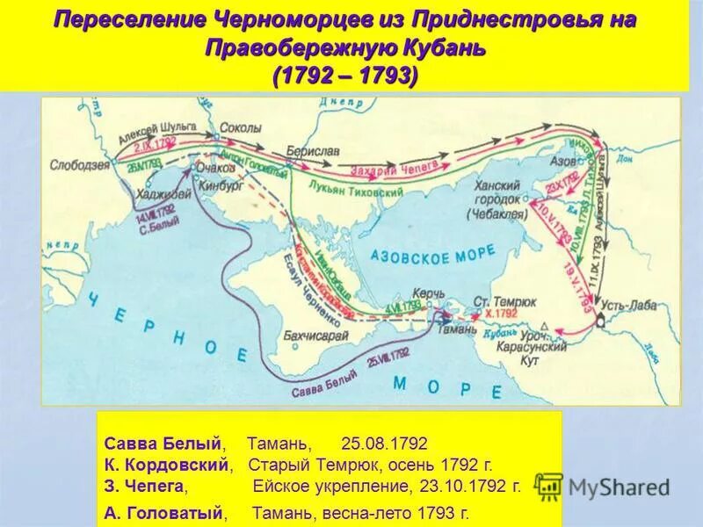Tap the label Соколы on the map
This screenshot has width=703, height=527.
click(x=240, y=127)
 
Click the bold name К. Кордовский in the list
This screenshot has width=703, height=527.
click(x=168, y=463)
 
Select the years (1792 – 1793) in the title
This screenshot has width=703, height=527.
click(x=344, y=76)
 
